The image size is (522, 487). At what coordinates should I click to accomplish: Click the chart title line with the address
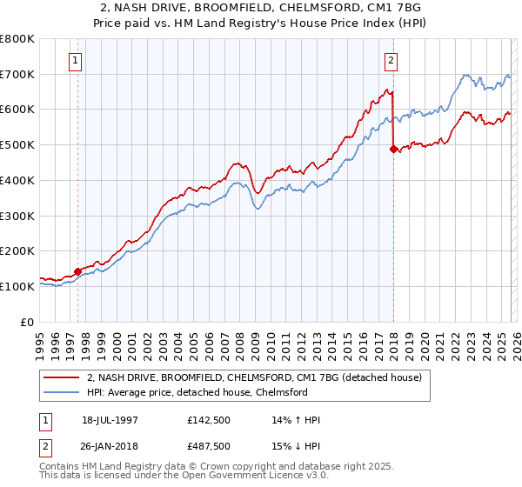[261, 8]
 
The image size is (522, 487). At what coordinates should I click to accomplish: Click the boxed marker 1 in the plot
[77, 61]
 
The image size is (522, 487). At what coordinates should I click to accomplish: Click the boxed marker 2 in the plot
[391, 61]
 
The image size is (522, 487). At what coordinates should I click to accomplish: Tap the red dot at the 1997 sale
[78, 271]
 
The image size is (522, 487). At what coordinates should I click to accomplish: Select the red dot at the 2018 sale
[393, 149]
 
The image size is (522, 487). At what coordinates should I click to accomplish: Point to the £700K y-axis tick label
[17, 74]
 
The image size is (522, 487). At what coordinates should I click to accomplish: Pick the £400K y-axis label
[17, 180]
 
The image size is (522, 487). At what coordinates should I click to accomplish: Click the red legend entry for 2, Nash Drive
[254, 377]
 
